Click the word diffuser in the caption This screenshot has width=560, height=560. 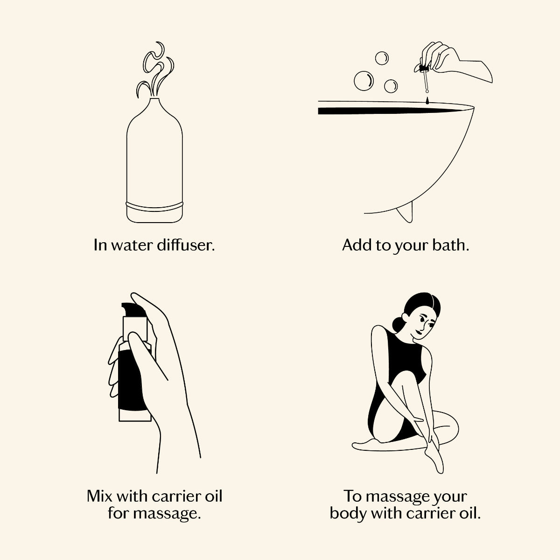[x=186, y=245]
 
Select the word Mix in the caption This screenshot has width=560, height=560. [x=100, y=496]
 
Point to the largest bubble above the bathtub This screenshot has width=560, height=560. [x=364, y=81]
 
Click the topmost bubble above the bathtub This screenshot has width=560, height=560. [x=382, y=58]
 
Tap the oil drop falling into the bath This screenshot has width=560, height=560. [x=427, y=100]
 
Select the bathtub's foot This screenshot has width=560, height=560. [x=405, y=211]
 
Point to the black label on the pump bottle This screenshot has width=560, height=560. [x=131, y=380]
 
